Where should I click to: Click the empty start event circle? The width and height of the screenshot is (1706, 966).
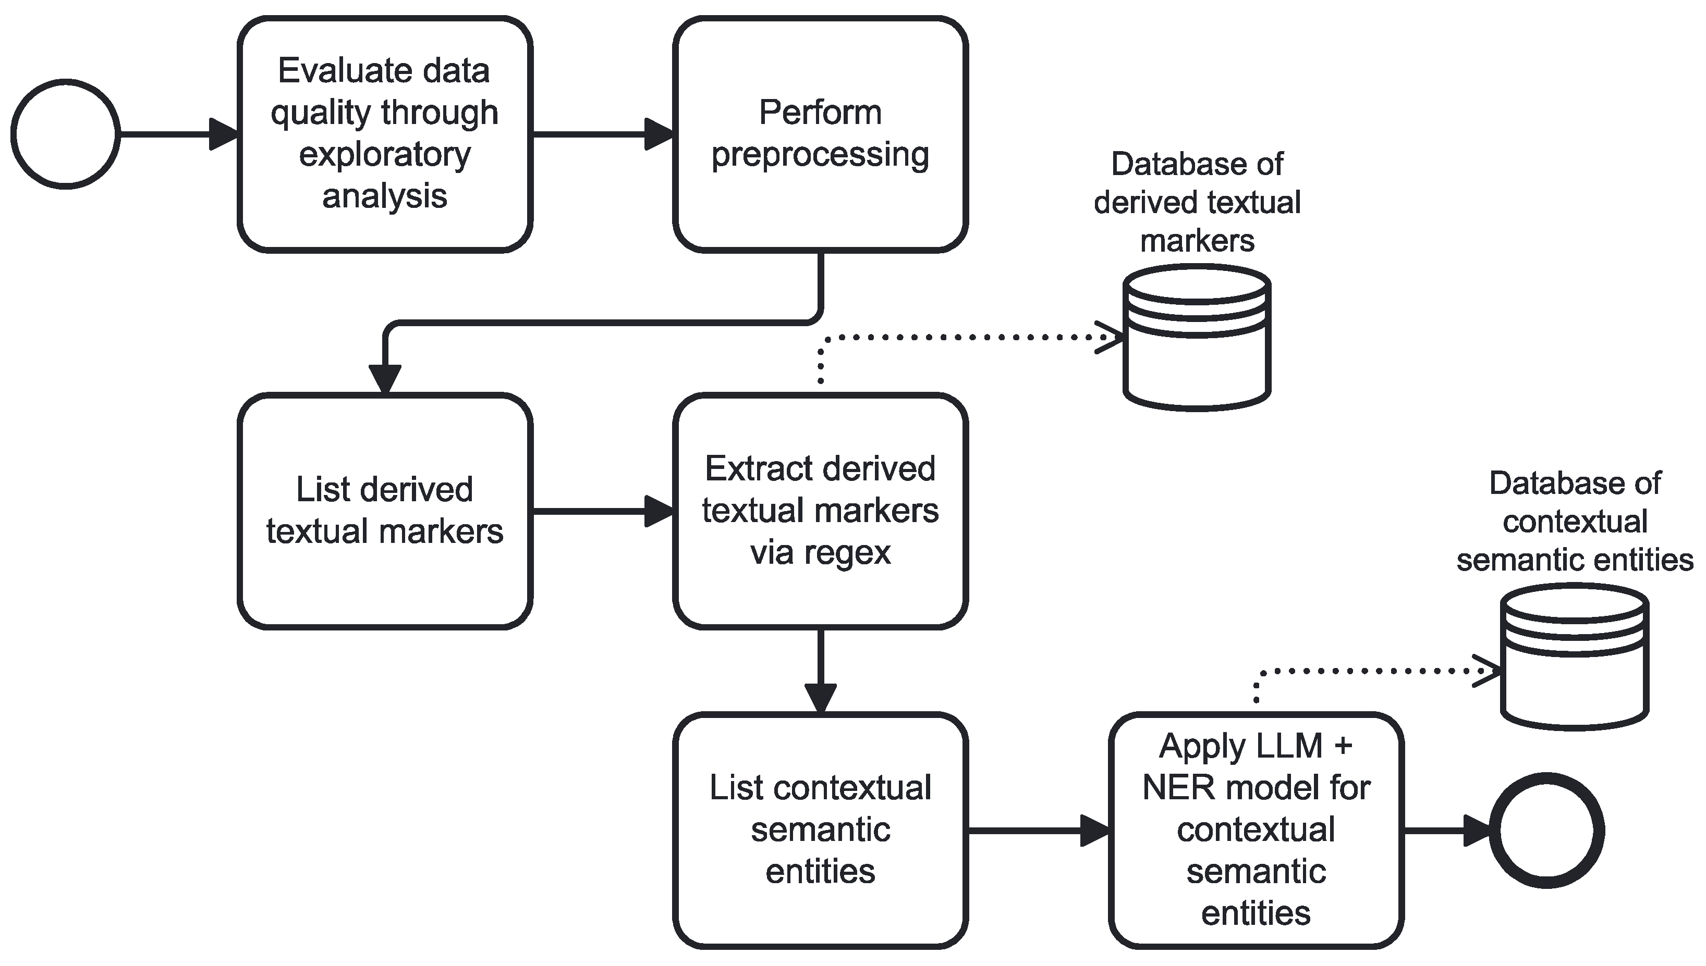coord(65,134)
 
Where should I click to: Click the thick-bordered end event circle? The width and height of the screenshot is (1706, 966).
coord(1546,830)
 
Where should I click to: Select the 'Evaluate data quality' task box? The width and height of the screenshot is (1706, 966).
coord(385,134)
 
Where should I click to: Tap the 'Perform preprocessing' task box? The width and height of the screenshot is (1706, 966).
coord(821,134)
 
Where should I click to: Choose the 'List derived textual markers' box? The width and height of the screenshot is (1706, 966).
coord(385,511)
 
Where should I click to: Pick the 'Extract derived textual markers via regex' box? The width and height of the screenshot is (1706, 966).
coord(821,511)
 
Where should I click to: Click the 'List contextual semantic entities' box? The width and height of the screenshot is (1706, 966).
coord(821,830)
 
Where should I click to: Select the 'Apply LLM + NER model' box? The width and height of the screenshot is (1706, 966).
coord(1256,830)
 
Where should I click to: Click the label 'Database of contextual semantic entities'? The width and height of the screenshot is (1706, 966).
coord(1575,522)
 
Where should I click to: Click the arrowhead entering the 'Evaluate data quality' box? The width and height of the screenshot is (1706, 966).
coord(223,134)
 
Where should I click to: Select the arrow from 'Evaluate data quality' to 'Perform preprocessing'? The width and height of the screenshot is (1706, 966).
coord(598,134)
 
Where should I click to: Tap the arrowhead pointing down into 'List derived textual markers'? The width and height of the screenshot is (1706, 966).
coord(385,379)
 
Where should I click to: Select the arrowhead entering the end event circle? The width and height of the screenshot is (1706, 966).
coord(1478,830)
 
